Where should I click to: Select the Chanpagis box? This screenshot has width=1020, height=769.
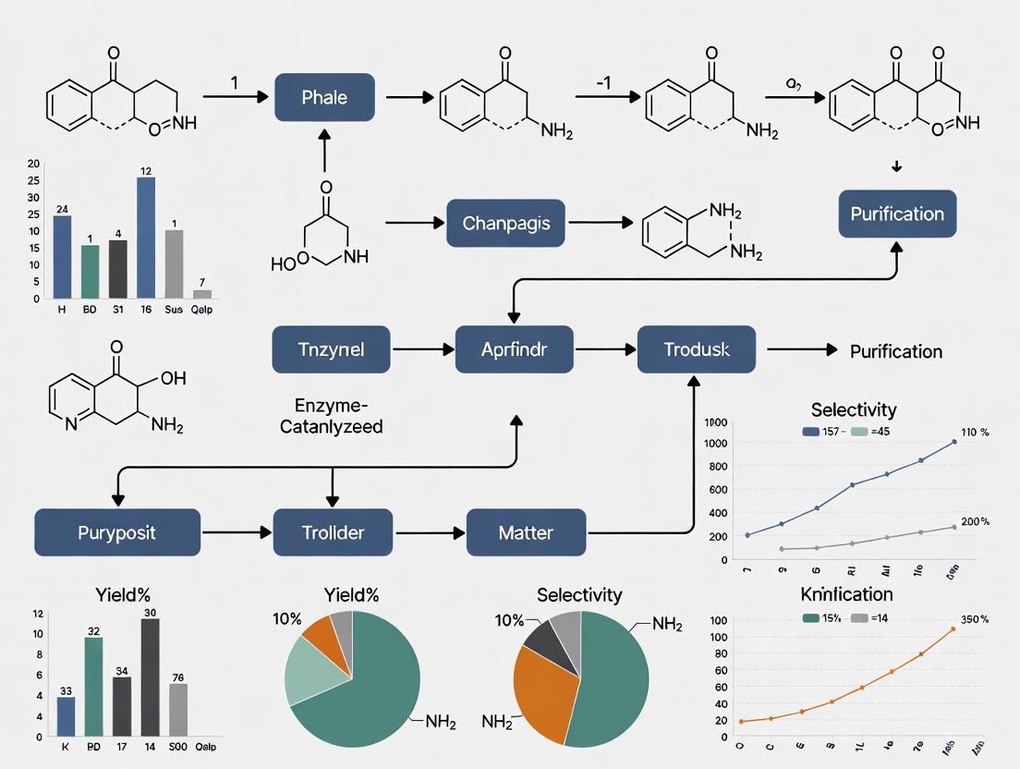point(506,223)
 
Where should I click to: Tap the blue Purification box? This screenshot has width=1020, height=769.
point(896,214)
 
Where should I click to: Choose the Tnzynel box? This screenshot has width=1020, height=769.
point(331,350)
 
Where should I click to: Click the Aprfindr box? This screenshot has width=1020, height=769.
point(514,350)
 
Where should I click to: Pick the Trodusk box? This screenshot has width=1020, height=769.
point(697,350)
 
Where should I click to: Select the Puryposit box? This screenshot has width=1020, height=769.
point(117,532)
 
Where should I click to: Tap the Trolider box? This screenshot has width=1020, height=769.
point(333,532)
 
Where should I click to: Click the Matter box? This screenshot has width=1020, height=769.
point(526,532)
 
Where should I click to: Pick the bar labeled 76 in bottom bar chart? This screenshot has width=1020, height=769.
point(178,710)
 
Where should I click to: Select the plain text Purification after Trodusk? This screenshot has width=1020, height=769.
point(896,351)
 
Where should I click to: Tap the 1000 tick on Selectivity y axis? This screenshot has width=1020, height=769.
point(715,443)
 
